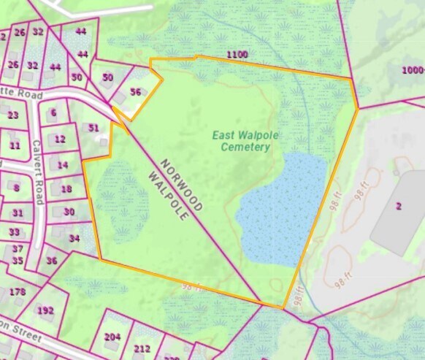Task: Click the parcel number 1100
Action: tap(237, 55)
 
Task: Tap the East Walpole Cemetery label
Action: tap(242, 141)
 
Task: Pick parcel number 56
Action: tap(135, 92)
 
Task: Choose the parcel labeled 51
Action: tap(93, 128)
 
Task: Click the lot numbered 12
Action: tap(60, 139)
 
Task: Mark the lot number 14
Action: tap(63, 165)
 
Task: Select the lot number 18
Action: tap(66, 189)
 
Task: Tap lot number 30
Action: tap(69, 212)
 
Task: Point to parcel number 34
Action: tap(74, 238)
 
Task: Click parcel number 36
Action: tap(51, 261)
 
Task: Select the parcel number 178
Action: tap(18, 292)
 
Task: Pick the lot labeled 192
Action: tap(45, 310)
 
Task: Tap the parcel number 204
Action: tap(112, 337)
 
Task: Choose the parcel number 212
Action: tap(142, 348)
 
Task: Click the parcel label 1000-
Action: tap(413, 70)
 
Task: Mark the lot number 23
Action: tap(13, 115)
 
